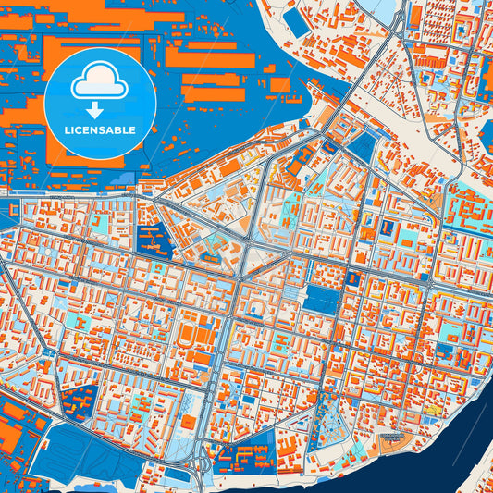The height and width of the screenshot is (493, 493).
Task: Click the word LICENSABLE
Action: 100,129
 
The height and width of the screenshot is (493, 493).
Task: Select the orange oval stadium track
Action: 190,334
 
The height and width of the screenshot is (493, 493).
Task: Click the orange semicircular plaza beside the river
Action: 393,434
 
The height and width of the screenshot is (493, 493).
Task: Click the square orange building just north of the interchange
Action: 188,422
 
